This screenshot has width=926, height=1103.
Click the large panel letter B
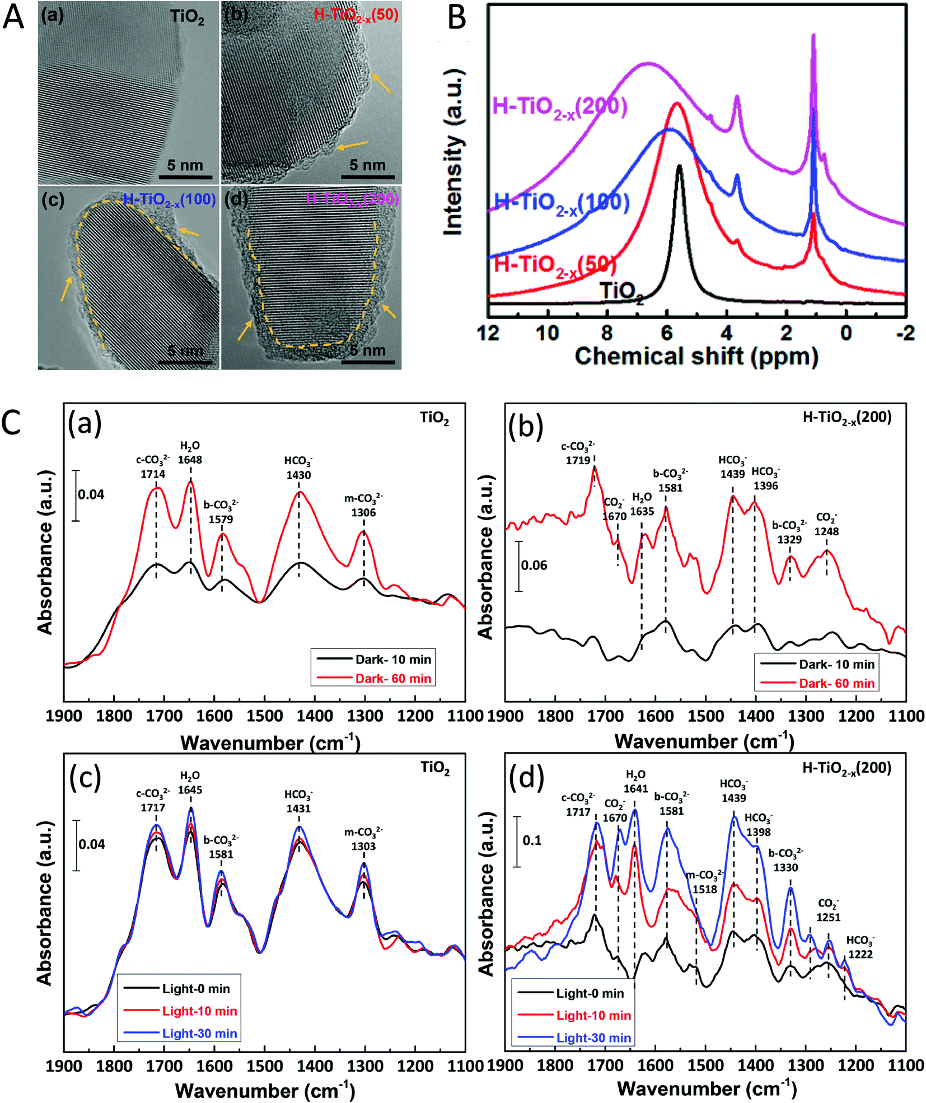pos(457,18)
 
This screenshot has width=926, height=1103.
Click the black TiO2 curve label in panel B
pos(621,292)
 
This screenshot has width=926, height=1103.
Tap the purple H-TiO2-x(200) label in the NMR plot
pos(559,106)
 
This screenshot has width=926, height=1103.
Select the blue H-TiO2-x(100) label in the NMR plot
pos(562,203)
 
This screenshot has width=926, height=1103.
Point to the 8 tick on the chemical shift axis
pos(607,333)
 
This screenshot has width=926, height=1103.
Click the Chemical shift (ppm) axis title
pos(696,356)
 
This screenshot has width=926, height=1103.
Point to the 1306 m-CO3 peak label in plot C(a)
pos(363,512)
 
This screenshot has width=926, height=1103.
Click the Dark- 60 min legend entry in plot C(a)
pos(393,679)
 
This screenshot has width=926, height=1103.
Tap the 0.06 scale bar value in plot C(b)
pos(534,565)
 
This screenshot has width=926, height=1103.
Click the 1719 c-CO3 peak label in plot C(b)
pos(578,460)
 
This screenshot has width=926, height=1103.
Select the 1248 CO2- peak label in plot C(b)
pos(826,531)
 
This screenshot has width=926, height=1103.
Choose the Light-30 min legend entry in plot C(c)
pos(199,1034)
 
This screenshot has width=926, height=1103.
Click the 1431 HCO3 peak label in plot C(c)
pos(298,808)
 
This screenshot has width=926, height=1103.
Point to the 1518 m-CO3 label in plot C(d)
pos(704,889)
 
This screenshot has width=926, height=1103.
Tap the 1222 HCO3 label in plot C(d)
pos(860,954)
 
